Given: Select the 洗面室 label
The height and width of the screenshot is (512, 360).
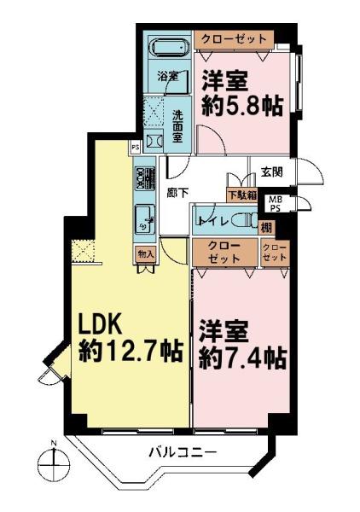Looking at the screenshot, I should [x=177, y=125].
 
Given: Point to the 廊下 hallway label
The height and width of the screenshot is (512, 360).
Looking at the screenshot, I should [x=177, y=192].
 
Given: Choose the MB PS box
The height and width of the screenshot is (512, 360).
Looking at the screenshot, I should [x=275, y=203].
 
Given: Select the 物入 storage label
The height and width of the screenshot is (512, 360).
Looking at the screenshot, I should [x=144, y=253].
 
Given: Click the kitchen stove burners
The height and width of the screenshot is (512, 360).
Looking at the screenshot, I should [x=142, y=178].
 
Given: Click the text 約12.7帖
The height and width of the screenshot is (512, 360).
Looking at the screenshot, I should [x=131, y=352].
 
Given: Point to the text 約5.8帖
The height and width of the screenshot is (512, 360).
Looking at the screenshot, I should [x=241, y=107].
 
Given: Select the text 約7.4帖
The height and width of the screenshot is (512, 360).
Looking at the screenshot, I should [x=243, y=354].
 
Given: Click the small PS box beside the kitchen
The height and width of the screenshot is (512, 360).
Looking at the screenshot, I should [x=135, y=147].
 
